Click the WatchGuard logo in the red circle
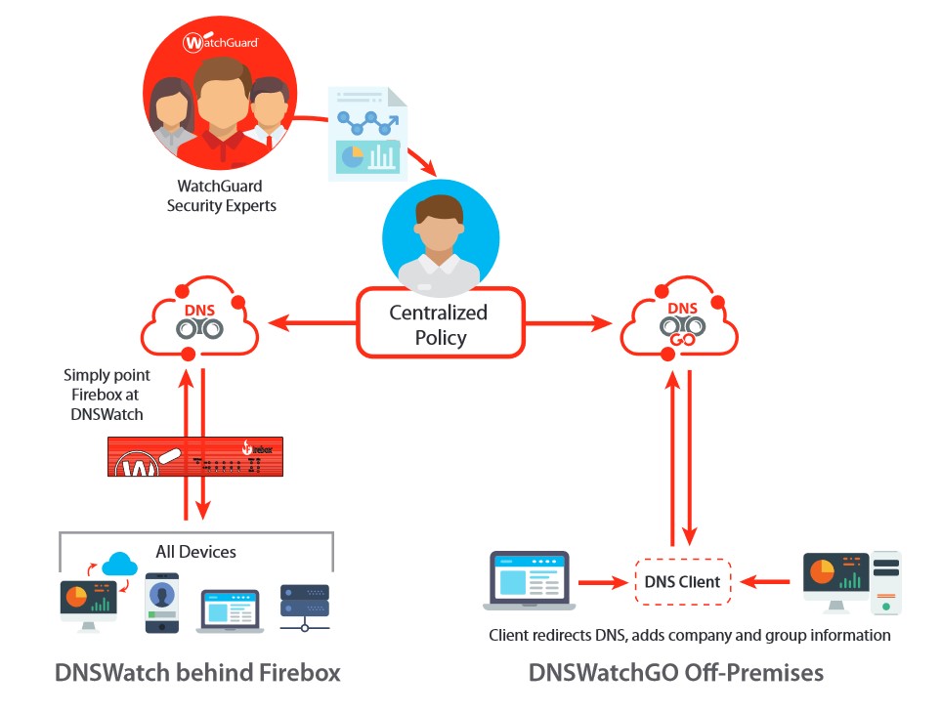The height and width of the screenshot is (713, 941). click(220, 42)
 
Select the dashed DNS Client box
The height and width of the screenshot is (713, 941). click(683, 582)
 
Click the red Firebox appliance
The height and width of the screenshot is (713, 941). click(195, 456)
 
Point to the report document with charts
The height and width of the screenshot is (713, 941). click(367, 134)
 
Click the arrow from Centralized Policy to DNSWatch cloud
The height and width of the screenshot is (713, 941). click(312, 323)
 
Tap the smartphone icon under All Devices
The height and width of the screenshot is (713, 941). click(162, 603)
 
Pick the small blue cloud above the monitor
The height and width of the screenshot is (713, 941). click(119, 565)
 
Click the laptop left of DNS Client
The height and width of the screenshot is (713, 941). click(529, 580)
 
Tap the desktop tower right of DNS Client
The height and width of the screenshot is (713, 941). click(886, 583)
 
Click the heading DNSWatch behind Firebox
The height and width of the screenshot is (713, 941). click(197, 673)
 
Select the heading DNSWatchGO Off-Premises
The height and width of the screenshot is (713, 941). click(676, 673)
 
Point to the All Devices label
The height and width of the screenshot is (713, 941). click(195, 552)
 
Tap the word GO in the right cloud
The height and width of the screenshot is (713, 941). click(682, 340)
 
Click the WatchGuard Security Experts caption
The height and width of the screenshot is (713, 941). click(221, 196)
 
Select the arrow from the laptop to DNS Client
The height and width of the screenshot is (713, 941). click(603, 582)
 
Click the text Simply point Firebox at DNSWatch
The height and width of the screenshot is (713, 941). click(107, 395)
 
